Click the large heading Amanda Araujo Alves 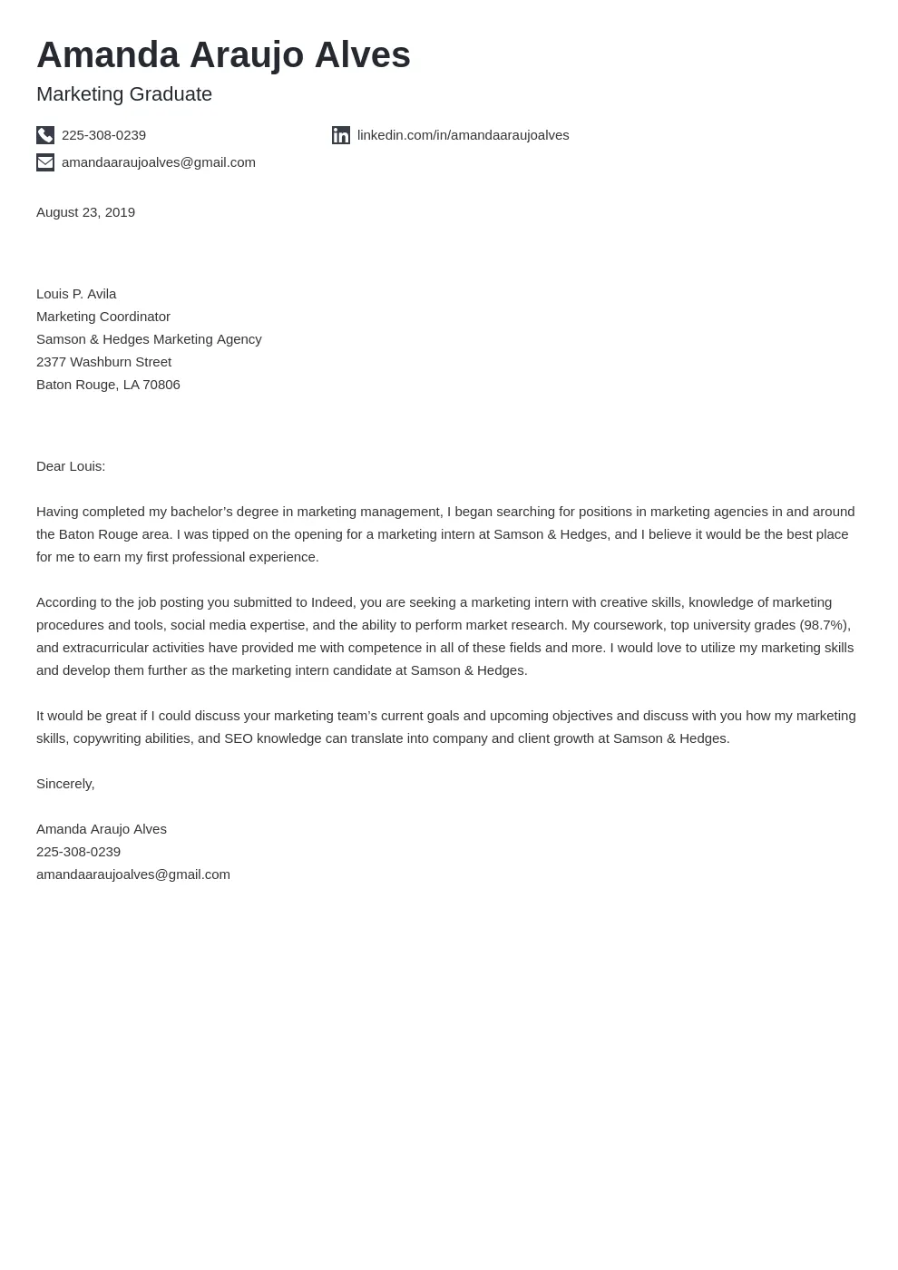223,55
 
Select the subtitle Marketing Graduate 124,94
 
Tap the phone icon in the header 45,135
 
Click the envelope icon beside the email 45,162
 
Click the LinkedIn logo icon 341,135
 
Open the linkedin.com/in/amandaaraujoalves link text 463,135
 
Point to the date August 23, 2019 85,212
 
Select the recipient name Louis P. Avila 76,294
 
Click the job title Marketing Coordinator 103,317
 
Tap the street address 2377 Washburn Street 103,362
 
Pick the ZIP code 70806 161,385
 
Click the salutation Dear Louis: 71,466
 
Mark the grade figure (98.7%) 824,625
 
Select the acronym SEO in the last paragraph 239,738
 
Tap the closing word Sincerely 64,784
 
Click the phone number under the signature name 78,852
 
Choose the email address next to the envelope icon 159,162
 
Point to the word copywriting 112,738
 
